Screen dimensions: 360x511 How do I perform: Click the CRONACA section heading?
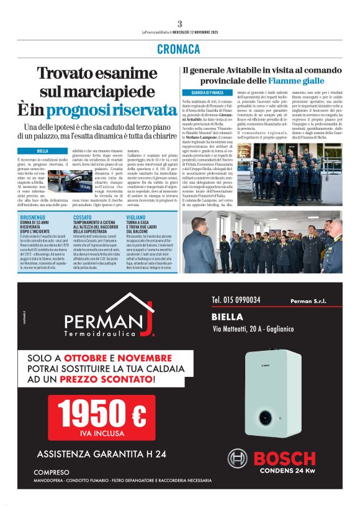tap(179, 48)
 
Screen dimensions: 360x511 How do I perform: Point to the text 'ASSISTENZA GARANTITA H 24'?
tap(101, 454)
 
